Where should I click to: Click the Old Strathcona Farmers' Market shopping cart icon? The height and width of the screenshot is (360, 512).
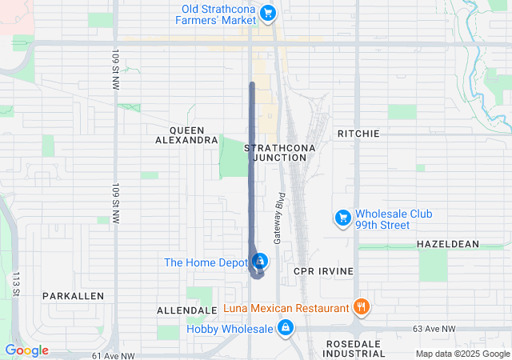pos(269,12)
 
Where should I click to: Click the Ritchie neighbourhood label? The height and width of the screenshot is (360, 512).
pos(358,133)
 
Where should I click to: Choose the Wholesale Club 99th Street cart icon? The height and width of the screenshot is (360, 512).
pos(342,217)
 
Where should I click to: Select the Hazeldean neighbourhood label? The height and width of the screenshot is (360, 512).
pos(447,243)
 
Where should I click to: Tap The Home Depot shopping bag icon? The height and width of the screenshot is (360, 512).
pos(260,262)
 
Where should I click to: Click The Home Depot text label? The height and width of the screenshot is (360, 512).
pos(206,262)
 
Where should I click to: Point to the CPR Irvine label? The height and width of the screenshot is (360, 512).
pos(323,271)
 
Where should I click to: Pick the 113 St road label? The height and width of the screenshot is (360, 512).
pos(15,285)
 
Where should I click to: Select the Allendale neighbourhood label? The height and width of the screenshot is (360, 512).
pos(188,310)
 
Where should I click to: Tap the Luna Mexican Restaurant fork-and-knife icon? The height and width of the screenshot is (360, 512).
pos(362,306)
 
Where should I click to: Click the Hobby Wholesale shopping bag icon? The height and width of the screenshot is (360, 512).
pos(286,327)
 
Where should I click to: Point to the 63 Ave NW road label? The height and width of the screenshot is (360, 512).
pos(434,329)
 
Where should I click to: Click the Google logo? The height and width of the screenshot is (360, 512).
pos(26,350)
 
